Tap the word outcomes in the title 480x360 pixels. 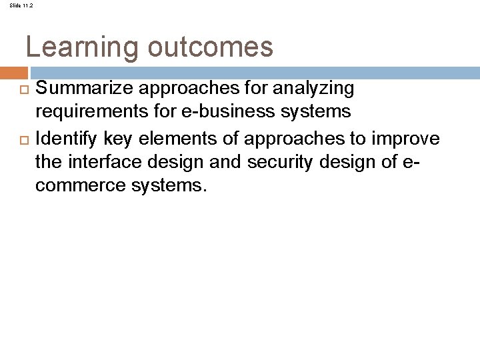tap(210, 47)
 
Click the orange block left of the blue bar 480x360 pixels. tap(13, 73)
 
